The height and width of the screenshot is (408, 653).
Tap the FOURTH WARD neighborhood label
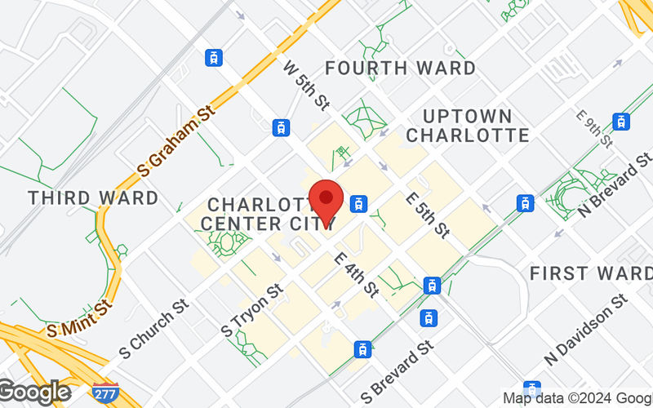pyautogui.click(x=401, y=68)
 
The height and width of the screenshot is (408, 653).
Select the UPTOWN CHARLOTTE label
pyautogui.click(x=467, y=125)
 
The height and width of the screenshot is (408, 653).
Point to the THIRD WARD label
pyautogui.click(x=93, y=197)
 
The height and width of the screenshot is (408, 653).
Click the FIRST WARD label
pyautogui.click(x=590, y=273)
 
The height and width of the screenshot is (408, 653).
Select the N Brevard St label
pyautogui.click(x=615, y=184)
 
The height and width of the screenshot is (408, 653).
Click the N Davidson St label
pyautogui.click(x=586, y=330)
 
